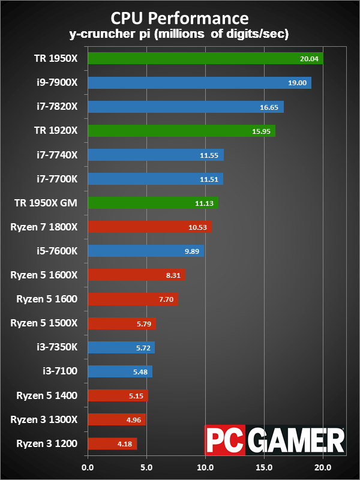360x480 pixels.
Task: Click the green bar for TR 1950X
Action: (205, 58)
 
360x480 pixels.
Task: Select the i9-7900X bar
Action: (199, 82)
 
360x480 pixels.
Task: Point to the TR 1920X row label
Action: (56, 130)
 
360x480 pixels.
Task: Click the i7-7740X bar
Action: (155, 155)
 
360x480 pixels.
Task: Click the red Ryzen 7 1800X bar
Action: (149, 226)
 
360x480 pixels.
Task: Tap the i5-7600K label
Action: (56, 250)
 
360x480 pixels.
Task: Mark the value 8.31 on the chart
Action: (173, 275)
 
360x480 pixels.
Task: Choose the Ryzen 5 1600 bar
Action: (133, 299)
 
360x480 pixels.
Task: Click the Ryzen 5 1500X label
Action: (44, 323)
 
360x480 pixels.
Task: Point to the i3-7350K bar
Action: (121, 347)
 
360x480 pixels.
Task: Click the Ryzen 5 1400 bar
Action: (118, 395)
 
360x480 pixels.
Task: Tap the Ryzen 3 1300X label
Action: (44, 419)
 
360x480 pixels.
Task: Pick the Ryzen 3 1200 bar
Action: (112, 444)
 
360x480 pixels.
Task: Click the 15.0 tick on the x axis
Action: (264, 466)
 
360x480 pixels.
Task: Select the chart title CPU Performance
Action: (180, 16)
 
